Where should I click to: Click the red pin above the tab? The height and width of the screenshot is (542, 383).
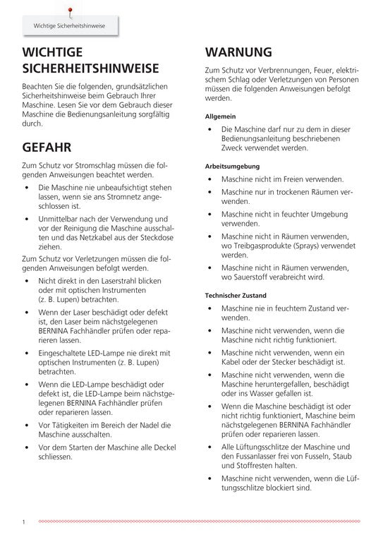coord(69,9)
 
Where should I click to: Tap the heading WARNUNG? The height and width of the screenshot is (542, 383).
coord(238,52)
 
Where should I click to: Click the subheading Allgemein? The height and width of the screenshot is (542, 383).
coord(220,115)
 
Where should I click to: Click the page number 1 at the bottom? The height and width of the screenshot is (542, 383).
coord(23,522)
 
